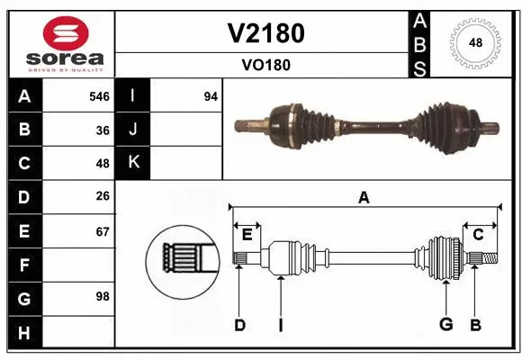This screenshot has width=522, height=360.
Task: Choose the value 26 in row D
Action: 103,197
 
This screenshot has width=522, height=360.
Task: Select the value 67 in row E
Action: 103,231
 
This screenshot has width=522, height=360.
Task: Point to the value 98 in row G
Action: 103,296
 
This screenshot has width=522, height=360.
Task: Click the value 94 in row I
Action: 211,96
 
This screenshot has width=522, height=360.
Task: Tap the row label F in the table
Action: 24,265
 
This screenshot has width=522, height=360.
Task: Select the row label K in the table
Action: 133,163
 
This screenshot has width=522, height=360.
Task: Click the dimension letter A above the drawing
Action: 364,198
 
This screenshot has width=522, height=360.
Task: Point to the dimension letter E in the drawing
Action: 247,235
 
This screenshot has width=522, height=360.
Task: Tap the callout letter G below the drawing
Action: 445,324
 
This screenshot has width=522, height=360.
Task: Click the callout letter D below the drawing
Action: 239,325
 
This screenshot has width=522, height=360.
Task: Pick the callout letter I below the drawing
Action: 280,325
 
